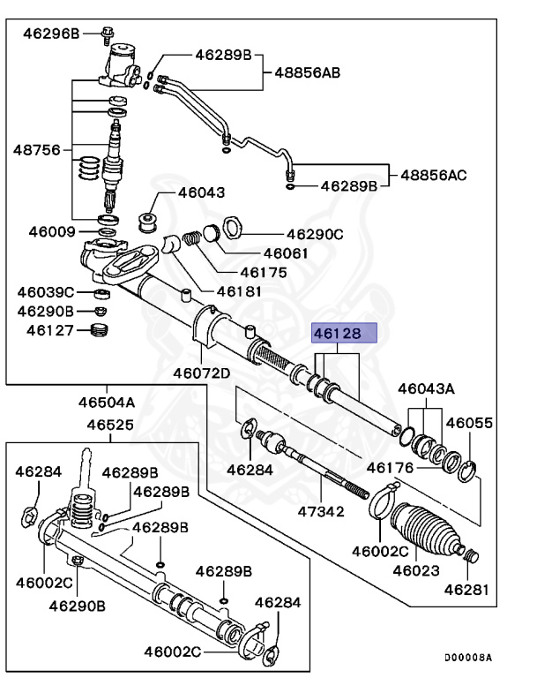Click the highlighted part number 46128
click(345, 334)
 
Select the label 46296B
click(51, 34)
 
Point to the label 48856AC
click(434, 175)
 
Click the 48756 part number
click(36, 149)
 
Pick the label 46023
click(415, 570)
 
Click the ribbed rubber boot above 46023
click(422, 529)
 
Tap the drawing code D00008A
click(467, 658)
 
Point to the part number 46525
click(110, 425)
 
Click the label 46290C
click(314, 235)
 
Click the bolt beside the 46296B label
click(108, 34)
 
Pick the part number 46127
click(49, 330)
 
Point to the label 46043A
click(426, 388)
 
